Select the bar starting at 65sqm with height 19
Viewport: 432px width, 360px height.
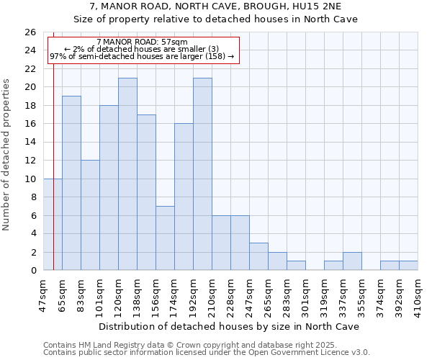click(x=71, y=183)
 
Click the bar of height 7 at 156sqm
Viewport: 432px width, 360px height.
click(x=165, y=238)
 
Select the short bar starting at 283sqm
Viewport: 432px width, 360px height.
click(x=296, y=266)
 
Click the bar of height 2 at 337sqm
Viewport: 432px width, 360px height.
click(x=352, y=261)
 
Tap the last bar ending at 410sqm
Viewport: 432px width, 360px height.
click(x=408, y=266)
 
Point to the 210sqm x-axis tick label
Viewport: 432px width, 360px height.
click(x=212, y=295)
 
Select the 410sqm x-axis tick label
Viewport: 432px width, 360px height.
click(x=418, y=295)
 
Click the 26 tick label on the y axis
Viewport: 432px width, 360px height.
click(x=30, y=32)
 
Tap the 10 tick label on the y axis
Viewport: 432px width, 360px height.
click(x=30, y=179)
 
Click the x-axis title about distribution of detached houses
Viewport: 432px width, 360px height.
click(x=229, y=326)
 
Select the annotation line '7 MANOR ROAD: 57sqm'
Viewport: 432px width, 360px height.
click(x=142, y=42)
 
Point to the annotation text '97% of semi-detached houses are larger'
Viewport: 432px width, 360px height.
click(x=142, y=56)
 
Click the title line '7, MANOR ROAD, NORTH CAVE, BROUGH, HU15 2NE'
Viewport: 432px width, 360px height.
click(x=216, y=6)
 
